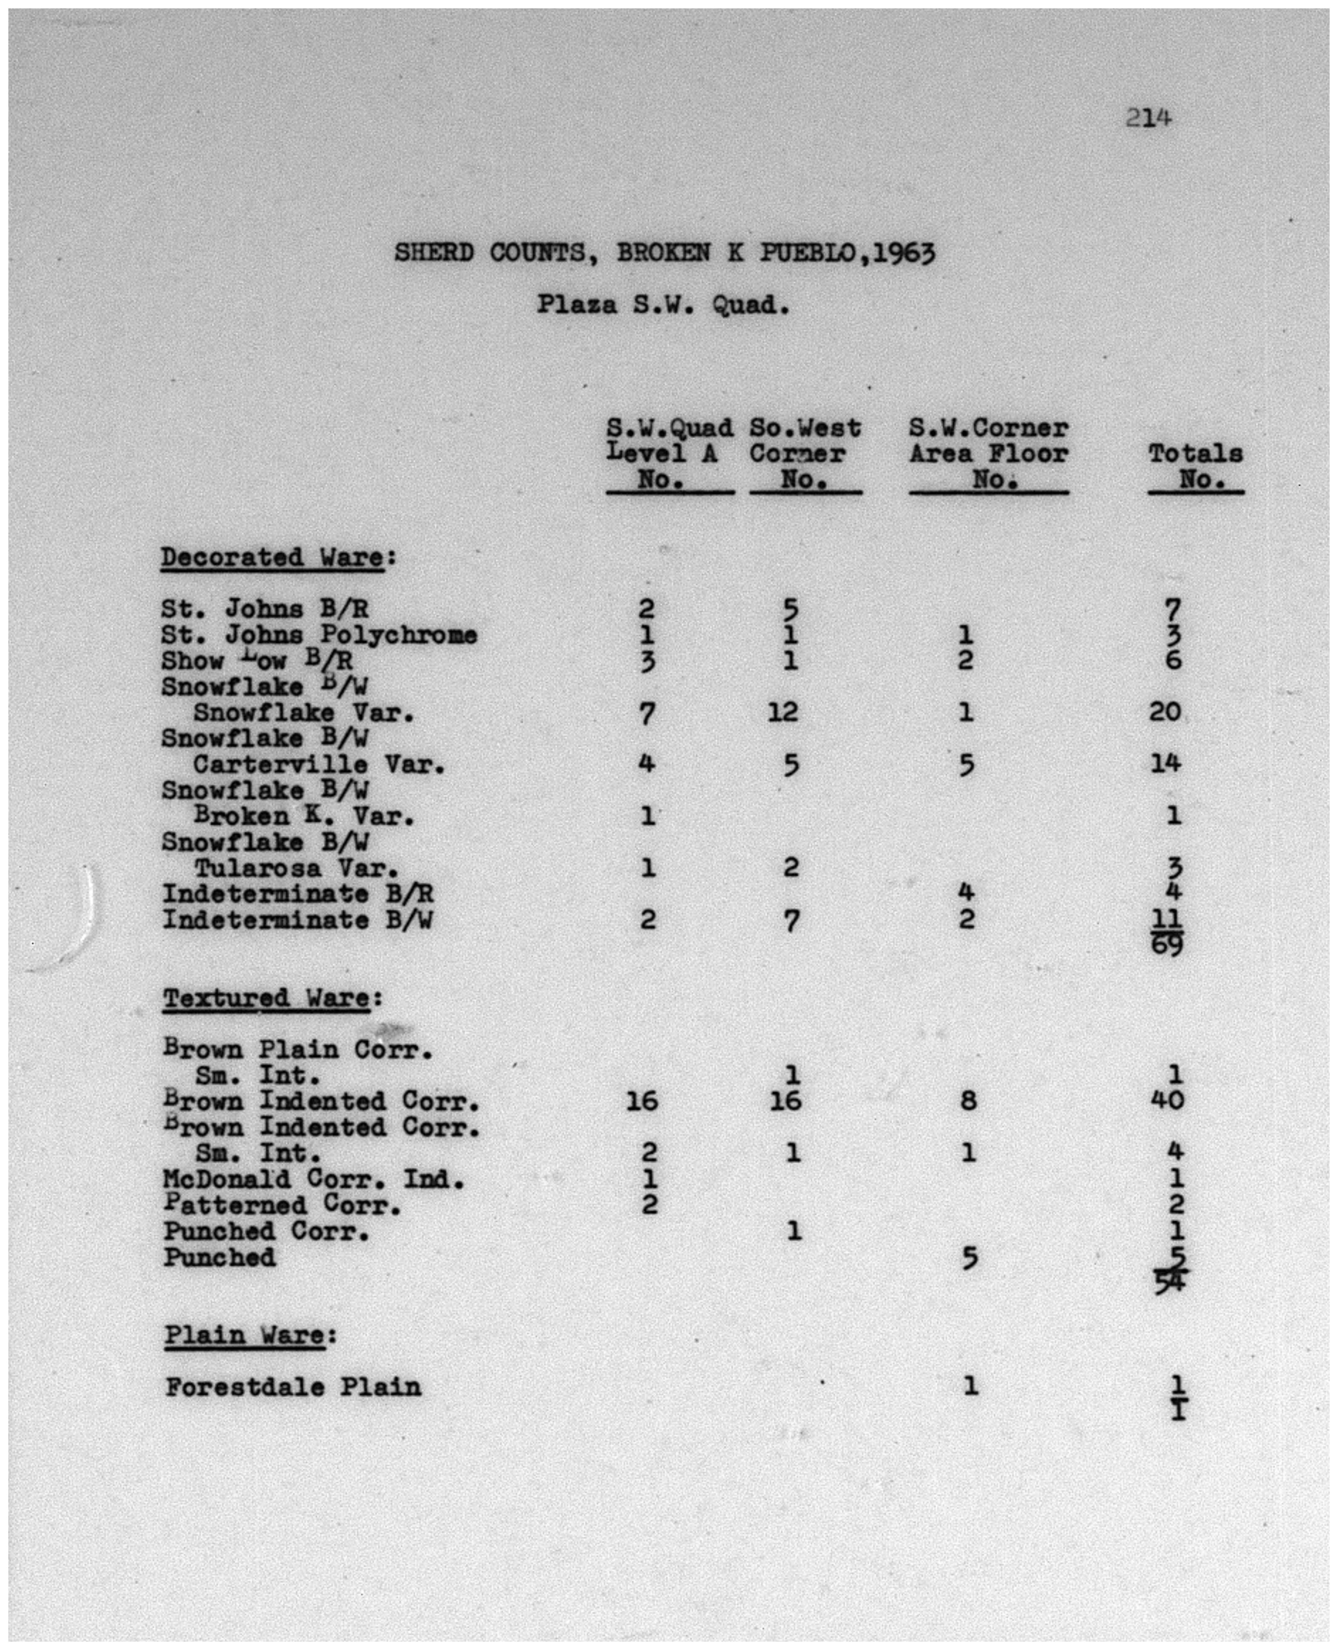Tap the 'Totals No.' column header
(x=1195, y=466)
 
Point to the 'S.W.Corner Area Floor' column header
(x=989, y=454)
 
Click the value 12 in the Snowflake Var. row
(x=783, y=711)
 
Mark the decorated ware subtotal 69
(x=1166, y=944)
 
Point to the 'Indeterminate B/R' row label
(x=297, y=894)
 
